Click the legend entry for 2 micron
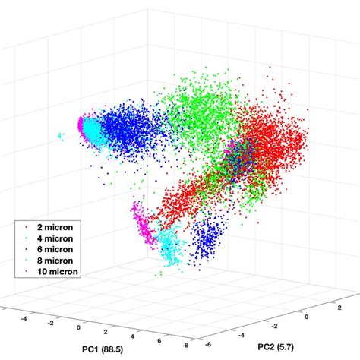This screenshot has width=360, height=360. click(x=51, y=226)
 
